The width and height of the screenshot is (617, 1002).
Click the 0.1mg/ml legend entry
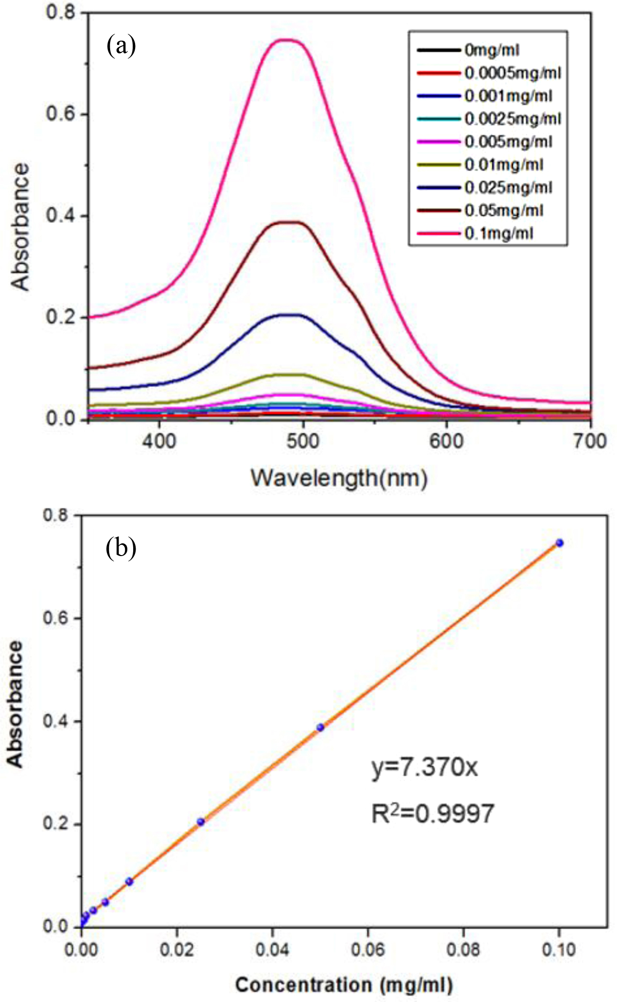498,233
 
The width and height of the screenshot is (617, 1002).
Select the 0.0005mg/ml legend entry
512,73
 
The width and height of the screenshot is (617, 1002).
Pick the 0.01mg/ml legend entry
504,165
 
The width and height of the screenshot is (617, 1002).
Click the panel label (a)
121,47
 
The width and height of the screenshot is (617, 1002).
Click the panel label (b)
121,548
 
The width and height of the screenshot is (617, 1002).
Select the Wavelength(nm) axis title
339,477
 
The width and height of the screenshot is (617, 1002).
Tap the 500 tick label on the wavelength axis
303,441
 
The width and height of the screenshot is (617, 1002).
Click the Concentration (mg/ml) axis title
344,984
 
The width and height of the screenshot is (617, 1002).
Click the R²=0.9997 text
432,814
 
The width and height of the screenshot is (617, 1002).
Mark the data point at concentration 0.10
559,543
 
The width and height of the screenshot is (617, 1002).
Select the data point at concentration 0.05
320,727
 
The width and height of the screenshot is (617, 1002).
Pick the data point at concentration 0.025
200,822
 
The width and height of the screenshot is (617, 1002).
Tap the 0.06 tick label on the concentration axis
368,950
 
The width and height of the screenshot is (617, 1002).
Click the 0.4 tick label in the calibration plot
55,722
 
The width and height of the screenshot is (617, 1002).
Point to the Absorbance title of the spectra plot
21,227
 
